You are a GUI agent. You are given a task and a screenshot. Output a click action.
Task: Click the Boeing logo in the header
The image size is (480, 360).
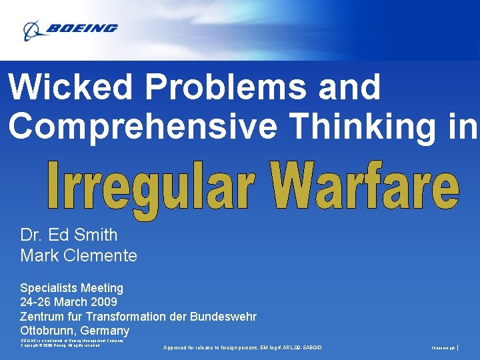click(70, 29)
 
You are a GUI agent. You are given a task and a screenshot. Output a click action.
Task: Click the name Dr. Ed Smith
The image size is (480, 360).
click(69, 235)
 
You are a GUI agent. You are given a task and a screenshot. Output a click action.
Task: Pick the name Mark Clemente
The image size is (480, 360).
click(79, 255)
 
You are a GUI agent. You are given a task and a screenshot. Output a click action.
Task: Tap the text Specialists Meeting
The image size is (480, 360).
click(71, 288)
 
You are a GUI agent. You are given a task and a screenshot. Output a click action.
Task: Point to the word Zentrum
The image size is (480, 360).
click(43, 316)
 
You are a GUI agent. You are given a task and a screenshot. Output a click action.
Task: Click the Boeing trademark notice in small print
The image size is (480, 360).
click(71, 340)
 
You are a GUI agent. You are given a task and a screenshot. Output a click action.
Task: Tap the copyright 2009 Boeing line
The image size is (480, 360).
click(60, 345)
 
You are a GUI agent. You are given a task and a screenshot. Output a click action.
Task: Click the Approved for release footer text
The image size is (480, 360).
click(242, 347)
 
